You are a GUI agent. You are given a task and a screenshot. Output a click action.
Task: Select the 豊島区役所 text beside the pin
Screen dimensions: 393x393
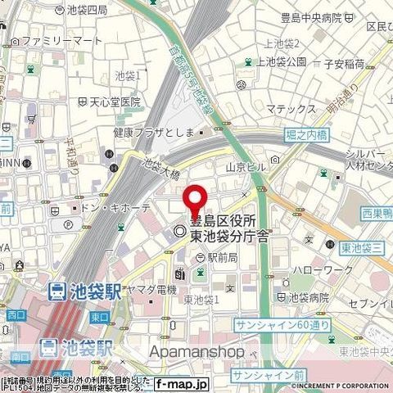224,220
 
